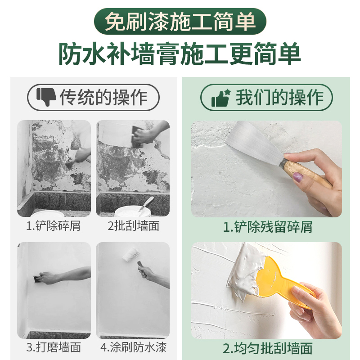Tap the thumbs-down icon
(x=45, y=97)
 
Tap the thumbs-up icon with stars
(x=221, y=97)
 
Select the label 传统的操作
(x=103, y=97)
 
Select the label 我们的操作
(x=279, y=97)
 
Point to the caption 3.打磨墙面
(x=54, y=347)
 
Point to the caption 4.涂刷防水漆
(x=133, y=347)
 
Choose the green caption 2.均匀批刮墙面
(x=267, y=348)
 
